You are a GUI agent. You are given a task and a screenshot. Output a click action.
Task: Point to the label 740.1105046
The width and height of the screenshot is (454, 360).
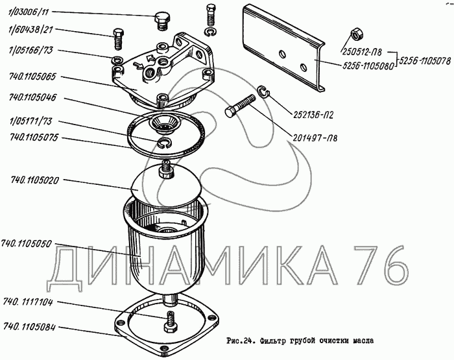point(32,97)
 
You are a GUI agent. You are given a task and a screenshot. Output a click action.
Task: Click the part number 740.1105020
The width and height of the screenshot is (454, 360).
point(35,181)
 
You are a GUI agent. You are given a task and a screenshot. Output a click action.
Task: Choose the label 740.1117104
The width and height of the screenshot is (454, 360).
point(28,303)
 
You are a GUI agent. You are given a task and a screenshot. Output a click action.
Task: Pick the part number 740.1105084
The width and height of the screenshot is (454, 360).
point(29,327)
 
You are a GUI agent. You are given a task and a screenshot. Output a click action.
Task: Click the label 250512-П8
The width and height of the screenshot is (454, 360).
point(362,52)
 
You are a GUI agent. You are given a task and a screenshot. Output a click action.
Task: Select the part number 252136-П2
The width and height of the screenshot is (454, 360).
point(313,115)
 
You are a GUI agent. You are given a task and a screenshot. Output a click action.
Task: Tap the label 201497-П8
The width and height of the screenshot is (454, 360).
point(315,138)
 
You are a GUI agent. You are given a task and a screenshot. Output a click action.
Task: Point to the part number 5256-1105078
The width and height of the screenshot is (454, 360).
point(425,61)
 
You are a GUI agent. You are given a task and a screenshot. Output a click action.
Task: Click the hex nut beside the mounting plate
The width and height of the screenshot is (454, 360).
point(356,33)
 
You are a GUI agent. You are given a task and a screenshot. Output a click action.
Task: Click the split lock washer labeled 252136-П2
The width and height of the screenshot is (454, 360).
point(263,91)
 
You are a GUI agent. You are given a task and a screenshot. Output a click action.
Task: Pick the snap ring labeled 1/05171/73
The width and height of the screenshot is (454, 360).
point(165,143)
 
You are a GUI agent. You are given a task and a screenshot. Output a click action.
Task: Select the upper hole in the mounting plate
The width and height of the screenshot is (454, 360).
point(282,54)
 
